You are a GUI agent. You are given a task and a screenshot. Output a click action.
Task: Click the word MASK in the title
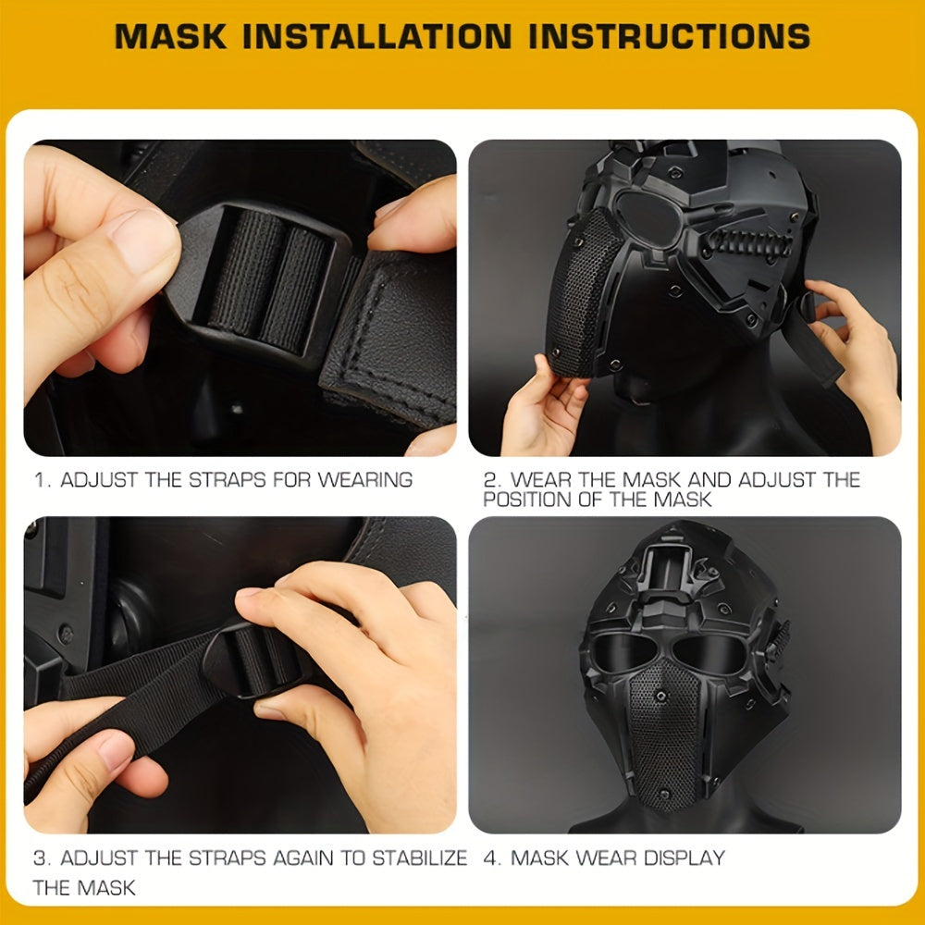coord(170,36)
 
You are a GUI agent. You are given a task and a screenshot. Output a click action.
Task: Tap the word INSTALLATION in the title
coord(377,36)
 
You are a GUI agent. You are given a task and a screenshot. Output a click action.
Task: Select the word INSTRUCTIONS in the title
coord(670,36)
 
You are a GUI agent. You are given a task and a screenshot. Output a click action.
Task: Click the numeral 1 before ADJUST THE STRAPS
coord(40,479)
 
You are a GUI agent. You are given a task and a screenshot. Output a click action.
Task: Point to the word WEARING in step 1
coord(365,479)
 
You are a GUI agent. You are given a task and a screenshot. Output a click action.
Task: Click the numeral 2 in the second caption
coord(489,479)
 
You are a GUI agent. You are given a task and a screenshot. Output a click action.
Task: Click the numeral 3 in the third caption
coord(39,857)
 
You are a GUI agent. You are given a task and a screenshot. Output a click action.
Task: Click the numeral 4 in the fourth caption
coord(490,857)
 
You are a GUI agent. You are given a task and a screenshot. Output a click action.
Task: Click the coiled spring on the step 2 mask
coord(746,243)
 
